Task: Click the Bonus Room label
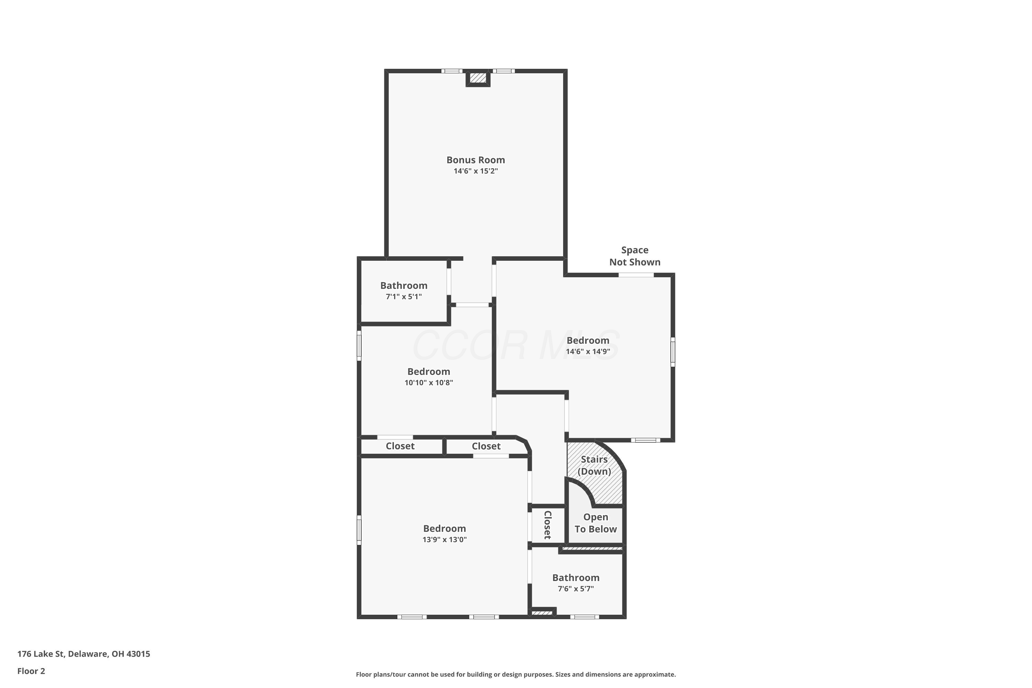476,160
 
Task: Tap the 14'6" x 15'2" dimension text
476,171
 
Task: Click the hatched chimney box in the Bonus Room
478,78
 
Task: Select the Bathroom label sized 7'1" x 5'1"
404,286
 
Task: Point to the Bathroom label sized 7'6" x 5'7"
576,578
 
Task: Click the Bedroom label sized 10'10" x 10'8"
429,372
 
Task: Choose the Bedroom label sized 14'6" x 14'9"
588,341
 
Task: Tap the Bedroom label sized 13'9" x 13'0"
444,529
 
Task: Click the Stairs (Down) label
594,465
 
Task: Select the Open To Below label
595,523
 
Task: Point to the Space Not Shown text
635,256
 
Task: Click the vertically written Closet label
547,525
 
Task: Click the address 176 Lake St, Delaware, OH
84,654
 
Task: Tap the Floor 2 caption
31,671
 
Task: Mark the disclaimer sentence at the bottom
516,674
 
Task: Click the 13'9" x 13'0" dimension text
444,540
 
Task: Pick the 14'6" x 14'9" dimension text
588,352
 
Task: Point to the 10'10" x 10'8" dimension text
429,383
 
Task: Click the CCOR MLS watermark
516,346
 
